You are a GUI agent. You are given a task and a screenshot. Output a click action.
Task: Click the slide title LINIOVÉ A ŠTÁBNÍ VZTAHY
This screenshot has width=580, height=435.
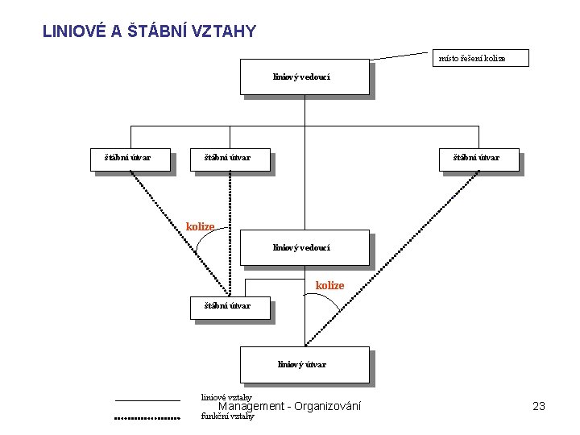point(149,31)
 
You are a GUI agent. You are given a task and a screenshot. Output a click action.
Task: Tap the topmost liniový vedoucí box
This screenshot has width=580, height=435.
point(304,77)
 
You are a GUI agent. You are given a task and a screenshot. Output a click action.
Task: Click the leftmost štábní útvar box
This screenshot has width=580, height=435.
point(130,158)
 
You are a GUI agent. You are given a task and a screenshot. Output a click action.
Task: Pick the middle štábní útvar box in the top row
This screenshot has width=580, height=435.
point(230,158)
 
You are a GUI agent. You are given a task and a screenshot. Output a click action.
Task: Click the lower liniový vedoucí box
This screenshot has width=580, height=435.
point(304,248)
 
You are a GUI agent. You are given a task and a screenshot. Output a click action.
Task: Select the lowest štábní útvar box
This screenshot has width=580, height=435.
point(230,307)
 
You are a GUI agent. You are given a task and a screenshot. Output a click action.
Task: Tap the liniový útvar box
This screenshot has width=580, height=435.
point(304,365)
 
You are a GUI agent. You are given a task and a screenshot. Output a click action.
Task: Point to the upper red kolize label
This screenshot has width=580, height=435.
point(200,226)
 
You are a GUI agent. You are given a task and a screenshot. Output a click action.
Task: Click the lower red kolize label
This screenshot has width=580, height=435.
point(329,285)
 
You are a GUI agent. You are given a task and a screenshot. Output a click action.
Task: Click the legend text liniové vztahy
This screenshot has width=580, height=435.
point(226,397)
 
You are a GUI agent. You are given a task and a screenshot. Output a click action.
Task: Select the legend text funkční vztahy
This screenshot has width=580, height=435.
point(227,416)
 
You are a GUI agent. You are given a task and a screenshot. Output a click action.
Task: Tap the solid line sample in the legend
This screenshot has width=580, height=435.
point(147,400)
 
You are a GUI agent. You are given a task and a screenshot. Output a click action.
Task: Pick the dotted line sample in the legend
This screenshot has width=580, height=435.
point(147,418)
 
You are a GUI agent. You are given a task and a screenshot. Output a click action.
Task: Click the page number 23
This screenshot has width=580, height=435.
point(539,406)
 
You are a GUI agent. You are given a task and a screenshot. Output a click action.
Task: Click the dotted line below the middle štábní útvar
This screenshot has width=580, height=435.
point(230,234)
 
